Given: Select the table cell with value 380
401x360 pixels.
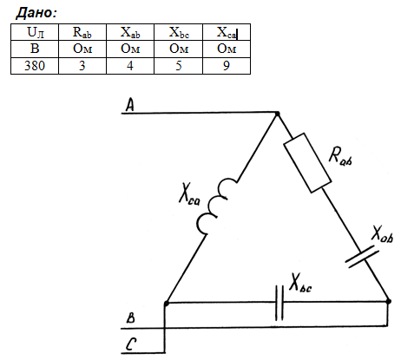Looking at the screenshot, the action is [35, 66].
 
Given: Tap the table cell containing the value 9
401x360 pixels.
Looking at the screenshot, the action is [227, 66].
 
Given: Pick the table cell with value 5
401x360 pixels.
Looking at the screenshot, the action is [179, 66].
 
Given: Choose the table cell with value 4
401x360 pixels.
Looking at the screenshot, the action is [130, 66].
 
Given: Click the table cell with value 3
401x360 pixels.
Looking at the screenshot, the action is [82, 66].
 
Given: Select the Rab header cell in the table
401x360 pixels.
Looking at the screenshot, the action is [82, 32].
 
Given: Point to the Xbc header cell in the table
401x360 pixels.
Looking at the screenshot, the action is [179, 32].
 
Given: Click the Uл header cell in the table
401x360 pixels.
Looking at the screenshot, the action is [35, 32].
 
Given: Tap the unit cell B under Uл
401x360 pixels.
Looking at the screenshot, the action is [35, 49].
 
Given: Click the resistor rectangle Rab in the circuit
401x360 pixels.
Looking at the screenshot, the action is [307, 163].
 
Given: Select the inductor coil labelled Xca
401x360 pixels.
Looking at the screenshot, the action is [216, 206].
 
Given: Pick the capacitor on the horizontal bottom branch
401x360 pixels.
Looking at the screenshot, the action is [279, 303].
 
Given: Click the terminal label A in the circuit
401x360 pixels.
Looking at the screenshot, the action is [130, 105].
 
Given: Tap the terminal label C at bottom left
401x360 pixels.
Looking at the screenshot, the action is [131, 344].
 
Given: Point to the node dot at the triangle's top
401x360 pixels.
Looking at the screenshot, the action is [277, 114].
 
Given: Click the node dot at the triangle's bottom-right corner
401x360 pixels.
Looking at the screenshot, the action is [389, 301].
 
